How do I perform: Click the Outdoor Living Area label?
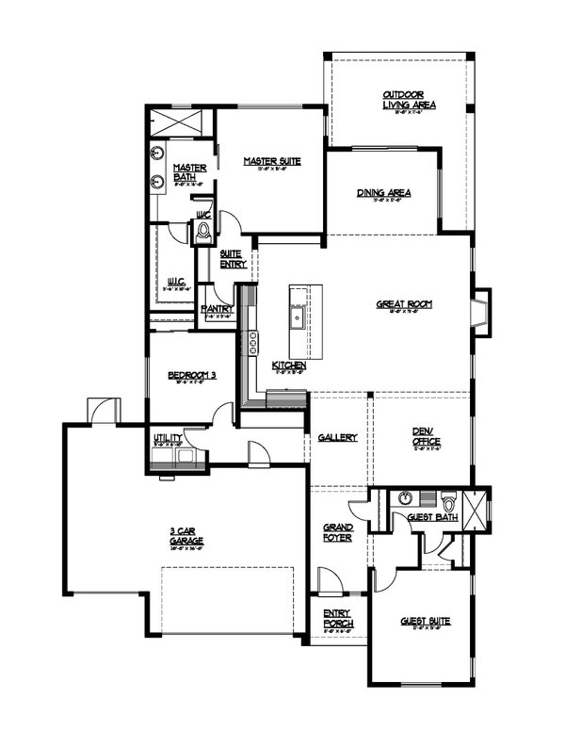[x=407, y=100]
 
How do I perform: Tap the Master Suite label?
[x=272, y=161]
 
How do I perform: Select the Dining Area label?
[x=383, y=193]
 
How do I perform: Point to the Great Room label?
[x=404, y=303]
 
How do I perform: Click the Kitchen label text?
[x=287, y=365]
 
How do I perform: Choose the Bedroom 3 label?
[x=192, y=375]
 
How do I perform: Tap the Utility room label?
[x=168, y=439]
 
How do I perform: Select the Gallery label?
[x=336, y=438]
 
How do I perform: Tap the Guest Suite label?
[x=425, y=621]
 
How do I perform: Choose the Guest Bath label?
[x=432, y=517]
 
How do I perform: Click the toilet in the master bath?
[x=203, y=232]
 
